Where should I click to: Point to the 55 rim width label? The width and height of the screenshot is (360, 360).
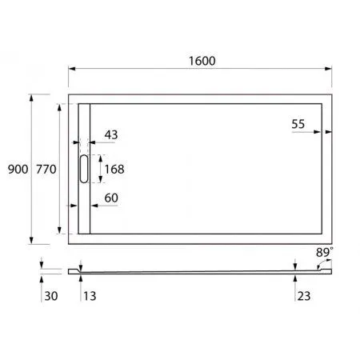click(x=298, y=123)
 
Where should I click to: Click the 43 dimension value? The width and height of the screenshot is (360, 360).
click(x=110, y=135)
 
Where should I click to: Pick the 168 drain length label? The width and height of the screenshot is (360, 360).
click(x=114, y=169)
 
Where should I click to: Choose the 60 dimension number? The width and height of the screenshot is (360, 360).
click(x=110, y=198)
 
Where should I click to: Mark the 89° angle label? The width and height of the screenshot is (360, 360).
click(x=324, y=252)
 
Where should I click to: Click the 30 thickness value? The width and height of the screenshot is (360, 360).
click(x=50, y=296)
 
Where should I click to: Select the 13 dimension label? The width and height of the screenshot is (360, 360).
click(x=88, y=296)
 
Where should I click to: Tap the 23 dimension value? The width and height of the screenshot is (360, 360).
click(x=305, y=296)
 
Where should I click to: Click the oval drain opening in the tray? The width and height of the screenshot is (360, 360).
click(x=84, y=170)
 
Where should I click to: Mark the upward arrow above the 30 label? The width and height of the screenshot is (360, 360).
click(x=42, y=278)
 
